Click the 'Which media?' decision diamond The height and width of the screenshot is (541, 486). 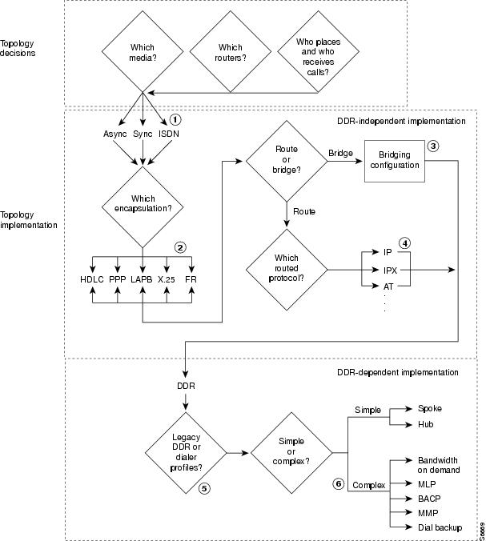142,53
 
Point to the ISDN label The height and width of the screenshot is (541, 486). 169,134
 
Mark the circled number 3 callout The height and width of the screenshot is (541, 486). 433,146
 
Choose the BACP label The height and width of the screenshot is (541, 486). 429,498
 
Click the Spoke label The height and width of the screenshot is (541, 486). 430,408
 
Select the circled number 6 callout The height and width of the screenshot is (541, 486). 339,483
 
